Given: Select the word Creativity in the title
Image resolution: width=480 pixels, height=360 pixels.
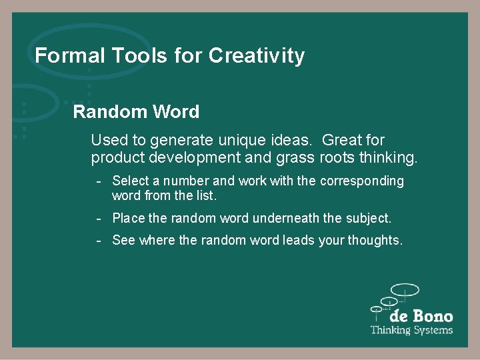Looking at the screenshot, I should tap(257, 56).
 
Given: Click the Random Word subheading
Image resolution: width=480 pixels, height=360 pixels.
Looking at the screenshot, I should tap(136, 111).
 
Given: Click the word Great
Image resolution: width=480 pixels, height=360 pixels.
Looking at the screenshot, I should tap(343, 141).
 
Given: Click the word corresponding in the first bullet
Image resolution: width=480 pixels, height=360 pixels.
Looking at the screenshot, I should tap(362, 181).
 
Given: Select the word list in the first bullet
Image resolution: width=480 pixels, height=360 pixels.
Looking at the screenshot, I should tap(206, 197).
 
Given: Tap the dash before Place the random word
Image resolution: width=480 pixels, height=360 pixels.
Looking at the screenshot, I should tap(98, 219).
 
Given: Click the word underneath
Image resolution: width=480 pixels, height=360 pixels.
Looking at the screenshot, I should tap(285, 219).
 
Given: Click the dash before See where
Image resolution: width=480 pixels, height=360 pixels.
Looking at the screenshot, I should tap(98, 241).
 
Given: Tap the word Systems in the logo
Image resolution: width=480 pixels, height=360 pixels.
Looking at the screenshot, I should tap(431, 330).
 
